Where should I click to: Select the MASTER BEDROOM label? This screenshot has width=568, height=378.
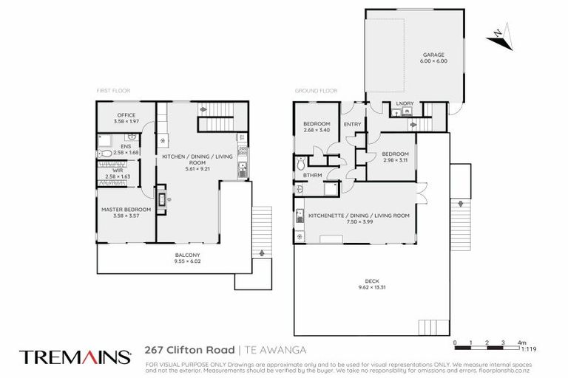[126, 210]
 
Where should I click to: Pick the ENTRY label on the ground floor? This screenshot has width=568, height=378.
[354, 124]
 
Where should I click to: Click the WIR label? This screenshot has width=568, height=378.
[117, 171]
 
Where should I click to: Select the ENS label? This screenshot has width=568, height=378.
[118, 147]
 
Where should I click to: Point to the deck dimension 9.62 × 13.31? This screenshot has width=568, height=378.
[373, 287]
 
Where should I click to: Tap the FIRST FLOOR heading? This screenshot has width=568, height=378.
[113, 91]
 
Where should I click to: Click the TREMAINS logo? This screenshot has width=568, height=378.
[75, 357]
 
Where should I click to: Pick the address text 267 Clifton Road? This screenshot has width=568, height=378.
[190, 350]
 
